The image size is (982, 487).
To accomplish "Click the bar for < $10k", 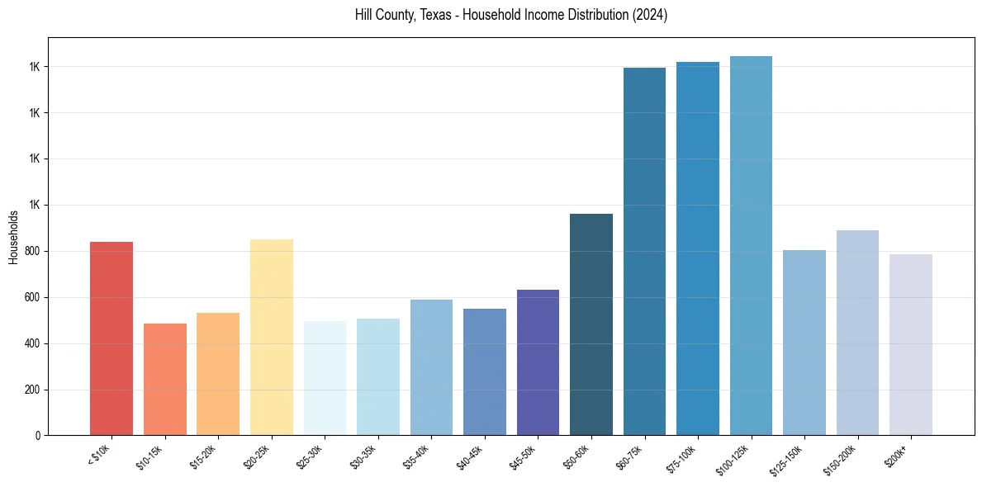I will [111, 338].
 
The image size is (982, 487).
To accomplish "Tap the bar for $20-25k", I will [271, 337].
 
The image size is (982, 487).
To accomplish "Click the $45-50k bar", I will [538, 362].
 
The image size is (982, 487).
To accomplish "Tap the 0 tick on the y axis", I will [37, 435].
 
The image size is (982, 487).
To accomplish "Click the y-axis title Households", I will [13, 237].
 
